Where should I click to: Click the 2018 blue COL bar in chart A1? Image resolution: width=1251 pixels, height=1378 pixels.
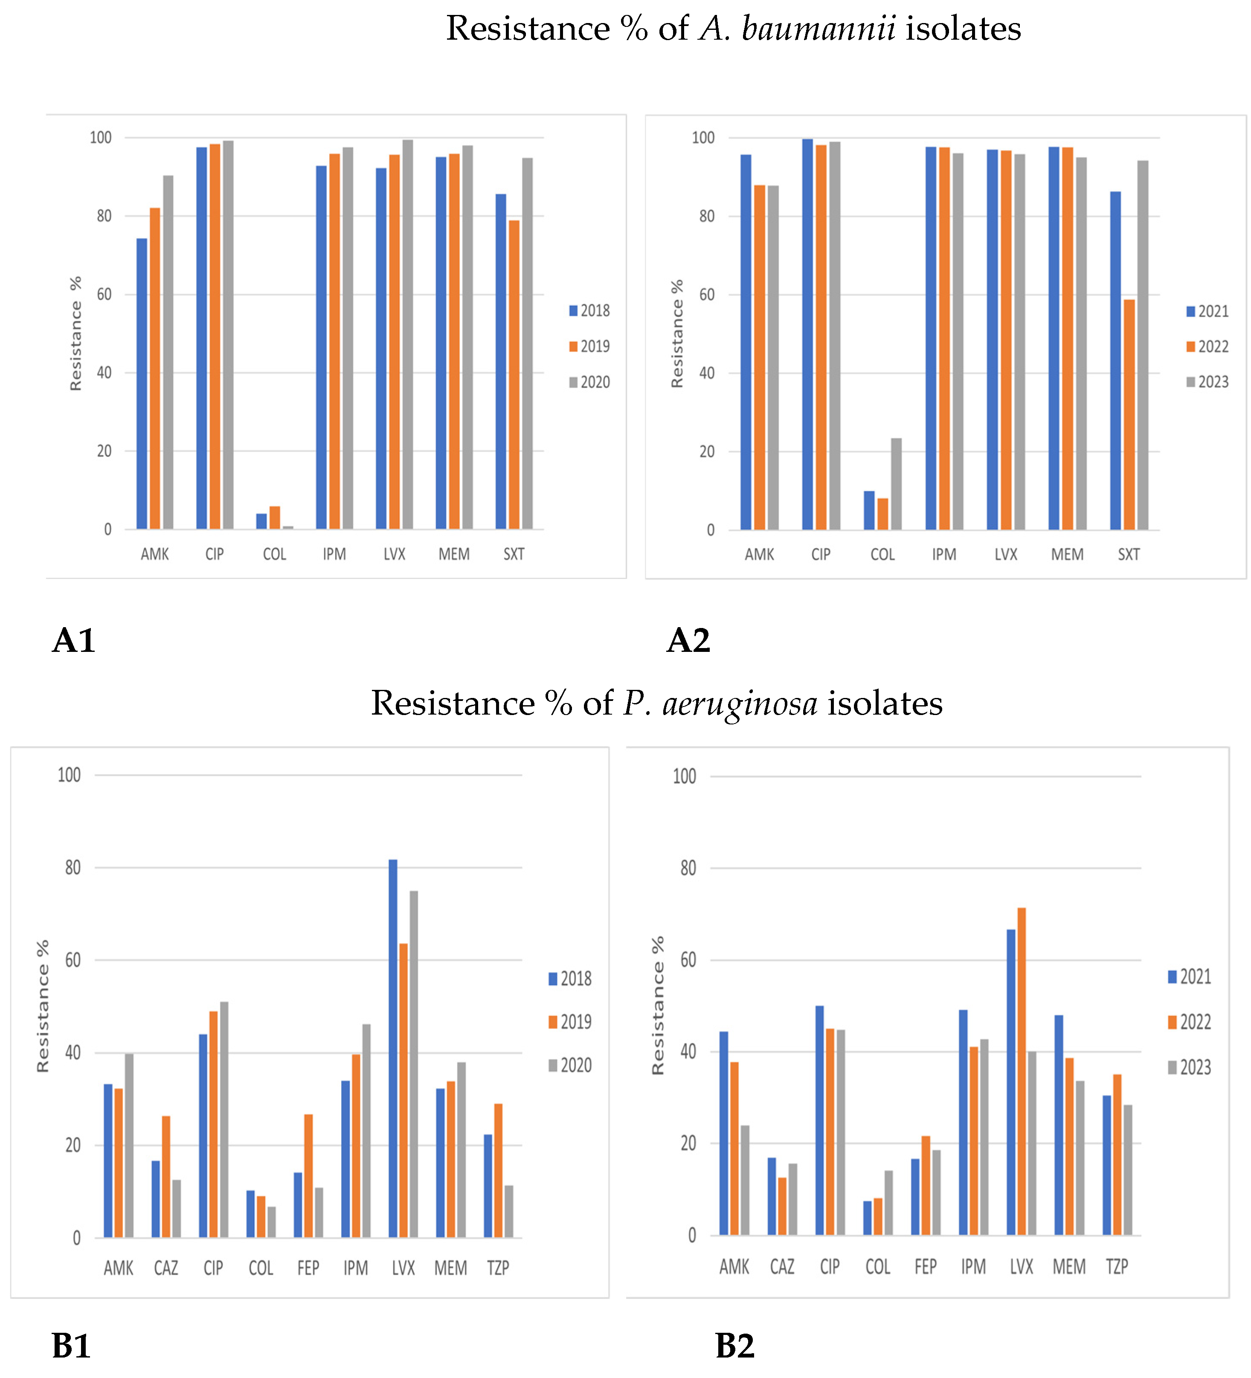[x=261, y=521]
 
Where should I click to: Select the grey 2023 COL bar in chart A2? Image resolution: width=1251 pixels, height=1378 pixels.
[x=896, y=484]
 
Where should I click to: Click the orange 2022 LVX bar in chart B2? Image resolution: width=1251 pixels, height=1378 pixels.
[x=1022, y=1071]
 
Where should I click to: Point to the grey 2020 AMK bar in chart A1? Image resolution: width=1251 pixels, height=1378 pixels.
[x=168, y=352]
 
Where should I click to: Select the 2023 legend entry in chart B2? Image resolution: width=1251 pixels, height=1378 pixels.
[x=1190, y=1067]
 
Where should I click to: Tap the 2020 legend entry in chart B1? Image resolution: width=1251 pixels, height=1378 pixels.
[x=571, y=1065]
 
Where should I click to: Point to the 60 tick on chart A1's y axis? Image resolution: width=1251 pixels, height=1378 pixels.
[x=104, y=295]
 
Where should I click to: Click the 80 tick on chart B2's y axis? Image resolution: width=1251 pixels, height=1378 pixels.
[x=688, y=868]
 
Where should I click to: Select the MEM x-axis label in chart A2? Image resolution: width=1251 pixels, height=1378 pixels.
[x=1066, y=554]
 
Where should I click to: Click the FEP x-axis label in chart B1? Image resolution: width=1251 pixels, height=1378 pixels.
[x=308, y=1268]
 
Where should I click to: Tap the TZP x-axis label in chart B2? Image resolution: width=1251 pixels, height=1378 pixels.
[x=1116, y=1267]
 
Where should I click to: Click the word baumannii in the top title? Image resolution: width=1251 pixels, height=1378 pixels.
[x=819, y=29]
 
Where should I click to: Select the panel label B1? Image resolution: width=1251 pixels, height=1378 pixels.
[x=71, y=1346]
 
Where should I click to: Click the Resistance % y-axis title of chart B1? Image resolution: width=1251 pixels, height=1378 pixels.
[x=42, y=1006]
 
